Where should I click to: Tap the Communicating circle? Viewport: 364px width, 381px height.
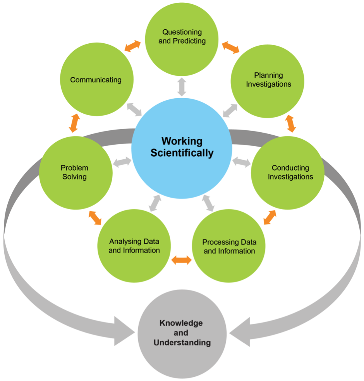pyautogui.click(x=96, y=79)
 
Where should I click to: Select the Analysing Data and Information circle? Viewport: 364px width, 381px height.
pyautogui.click(x=134, y=246)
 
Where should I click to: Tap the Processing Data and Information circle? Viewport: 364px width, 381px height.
pyautogui.click(x=229, y=246)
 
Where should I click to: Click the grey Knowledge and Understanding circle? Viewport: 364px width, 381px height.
pyautogui.click(x=182, y=334)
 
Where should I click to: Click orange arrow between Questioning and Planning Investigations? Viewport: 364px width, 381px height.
pyautogui.click(x=231, y=47)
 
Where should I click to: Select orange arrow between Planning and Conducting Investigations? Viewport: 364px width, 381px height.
pyautogui.click(x=290, y=123)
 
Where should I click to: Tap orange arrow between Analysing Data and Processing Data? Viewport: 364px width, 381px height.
pyautogui.click(x=182, y=260)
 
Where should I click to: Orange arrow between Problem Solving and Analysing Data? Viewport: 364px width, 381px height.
pyautogui.click(x=95, y=218)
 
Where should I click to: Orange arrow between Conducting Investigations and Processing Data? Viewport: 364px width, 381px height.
pyautogui.click(x=270, y=217)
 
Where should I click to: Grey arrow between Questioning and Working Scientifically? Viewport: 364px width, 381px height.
pyautogui.click(x=182, y=87)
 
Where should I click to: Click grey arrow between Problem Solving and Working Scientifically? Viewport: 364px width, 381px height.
pyautogui.click(x=122, y=162)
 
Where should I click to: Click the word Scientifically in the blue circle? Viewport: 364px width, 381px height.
pyautogui.click(x=182, y=153)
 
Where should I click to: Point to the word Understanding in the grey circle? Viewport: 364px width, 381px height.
pyautogui.click(x=182, y=342)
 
